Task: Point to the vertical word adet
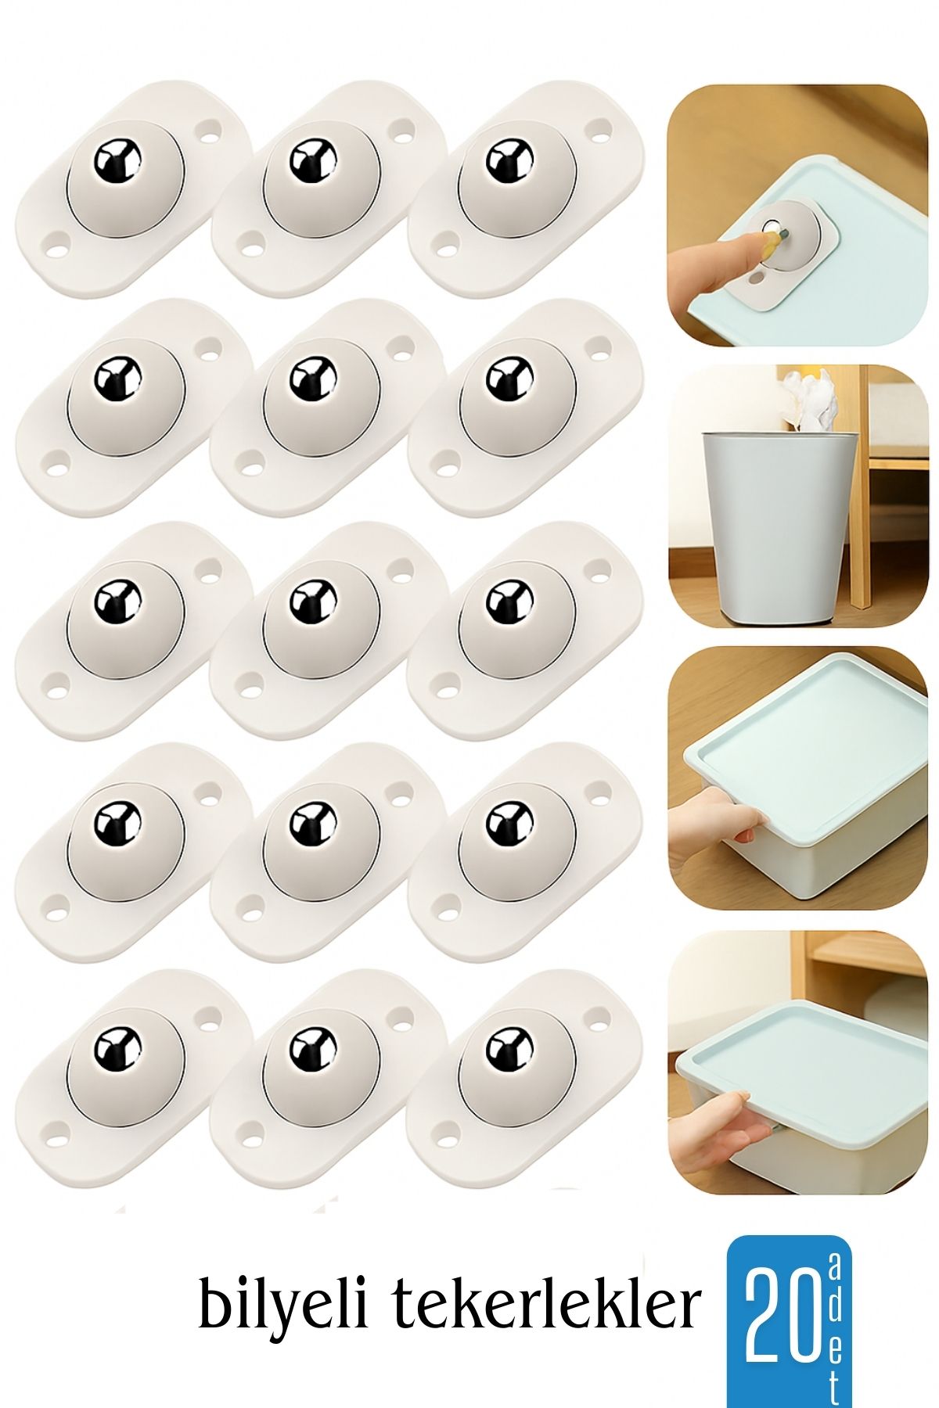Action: (833, 1323)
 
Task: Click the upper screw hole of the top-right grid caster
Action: (600, 128)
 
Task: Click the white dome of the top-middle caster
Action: (321, 175)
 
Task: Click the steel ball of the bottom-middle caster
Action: (314, 1048)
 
